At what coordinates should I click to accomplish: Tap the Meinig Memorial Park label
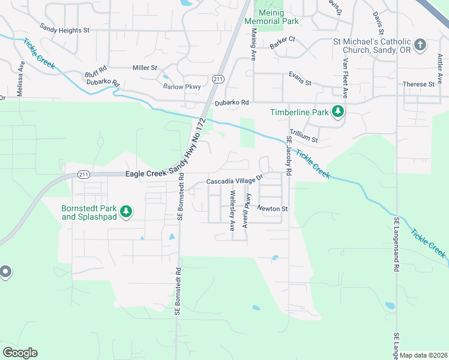[272, 20]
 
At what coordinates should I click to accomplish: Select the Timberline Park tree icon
[339, 112]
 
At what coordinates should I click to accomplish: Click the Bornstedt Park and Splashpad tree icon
[126, 211]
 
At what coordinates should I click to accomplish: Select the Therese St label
[418, 85]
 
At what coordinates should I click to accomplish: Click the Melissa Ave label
[21, 77]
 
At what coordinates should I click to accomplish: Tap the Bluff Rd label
[95, 70]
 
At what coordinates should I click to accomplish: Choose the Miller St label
[145, 68]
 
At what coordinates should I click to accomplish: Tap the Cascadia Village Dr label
[235, 180]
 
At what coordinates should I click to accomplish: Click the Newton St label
[273, 209]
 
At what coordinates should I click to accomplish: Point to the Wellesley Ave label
[232, 211]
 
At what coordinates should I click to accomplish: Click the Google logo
[20, 353]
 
